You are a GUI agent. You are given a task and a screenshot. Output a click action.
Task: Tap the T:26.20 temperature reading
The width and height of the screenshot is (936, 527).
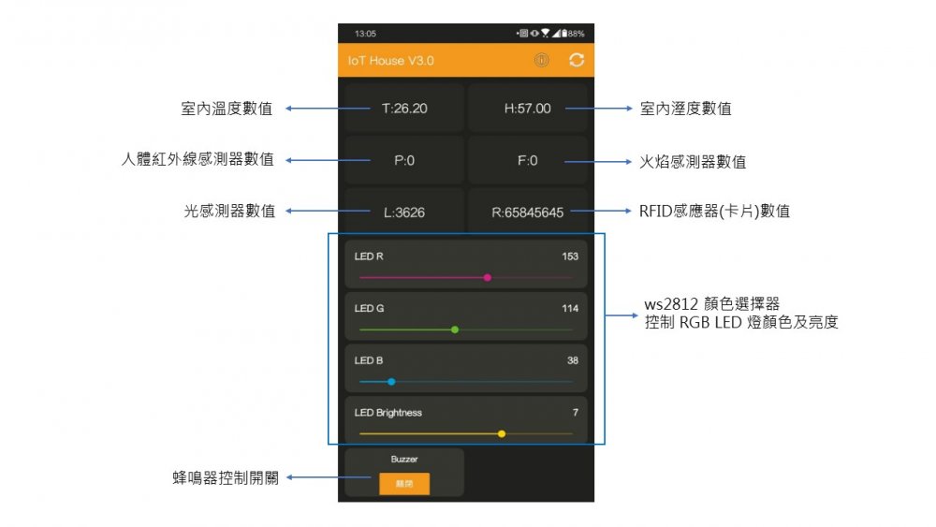(x=404, y=109)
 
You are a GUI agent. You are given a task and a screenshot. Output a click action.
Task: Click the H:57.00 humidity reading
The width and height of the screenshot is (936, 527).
(x=527, y=109)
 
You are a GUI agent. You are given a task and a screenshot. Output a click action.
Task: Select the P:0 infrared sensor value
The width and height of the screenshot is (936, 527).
(x=404, y=160)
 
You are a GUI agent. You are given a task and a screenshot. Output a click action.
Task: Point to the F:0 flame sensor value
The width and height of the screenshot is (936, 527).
(x=527, y=160)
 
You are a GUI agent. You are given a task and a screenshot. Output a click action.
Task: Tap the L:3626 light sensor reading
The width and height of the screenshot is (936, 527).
(x=404, y=212)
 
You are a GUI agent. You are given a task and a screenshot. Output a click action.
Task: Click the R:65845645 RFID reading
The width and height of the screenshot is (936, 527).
(x=527, y=212)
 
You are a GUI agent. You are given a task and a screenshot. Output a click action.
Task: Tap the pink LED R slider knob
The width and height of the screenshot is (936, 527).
(x=488, y=277)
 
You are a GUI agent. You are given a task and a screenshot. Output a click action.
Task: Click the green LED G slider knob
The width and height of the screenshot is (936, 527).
(x=455, y=329)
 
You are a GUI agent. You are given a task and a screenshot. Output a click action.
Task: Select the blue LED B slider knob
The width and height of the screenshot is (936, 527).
(x=391, y=382)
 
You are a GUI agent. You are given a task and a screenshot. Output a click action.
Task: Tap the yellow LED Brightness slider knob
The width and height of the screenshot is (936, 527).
(x=502, y=433)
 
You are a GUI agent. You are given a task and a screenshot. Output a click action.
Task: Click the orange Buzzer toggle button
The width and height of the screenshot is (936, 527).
(x=404, y=483)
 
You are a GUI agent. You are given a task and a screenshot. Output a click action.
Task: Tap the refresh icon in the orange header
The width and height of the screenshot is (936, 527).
(x=577, y=61)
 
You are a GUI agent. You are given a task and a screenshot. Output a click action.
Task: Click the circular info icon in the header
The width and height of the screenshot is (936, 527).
(x=541, y=61)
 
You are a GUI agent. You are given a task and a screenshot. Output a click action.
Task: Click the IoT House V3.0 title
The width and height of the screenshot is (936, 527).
(x=390, y=61)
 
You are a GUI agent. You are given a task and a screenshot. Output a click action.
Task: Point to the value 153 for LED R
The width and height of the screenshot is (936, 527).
(x=570, y=256)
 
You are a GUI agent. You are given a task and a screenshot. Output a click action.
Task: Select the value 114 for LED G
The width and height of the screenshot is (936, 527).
(x=570, y=309)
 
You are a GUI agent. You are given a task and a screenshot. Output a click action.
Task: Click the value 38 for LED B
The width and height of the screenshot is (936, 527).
(x=573, y=360)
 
